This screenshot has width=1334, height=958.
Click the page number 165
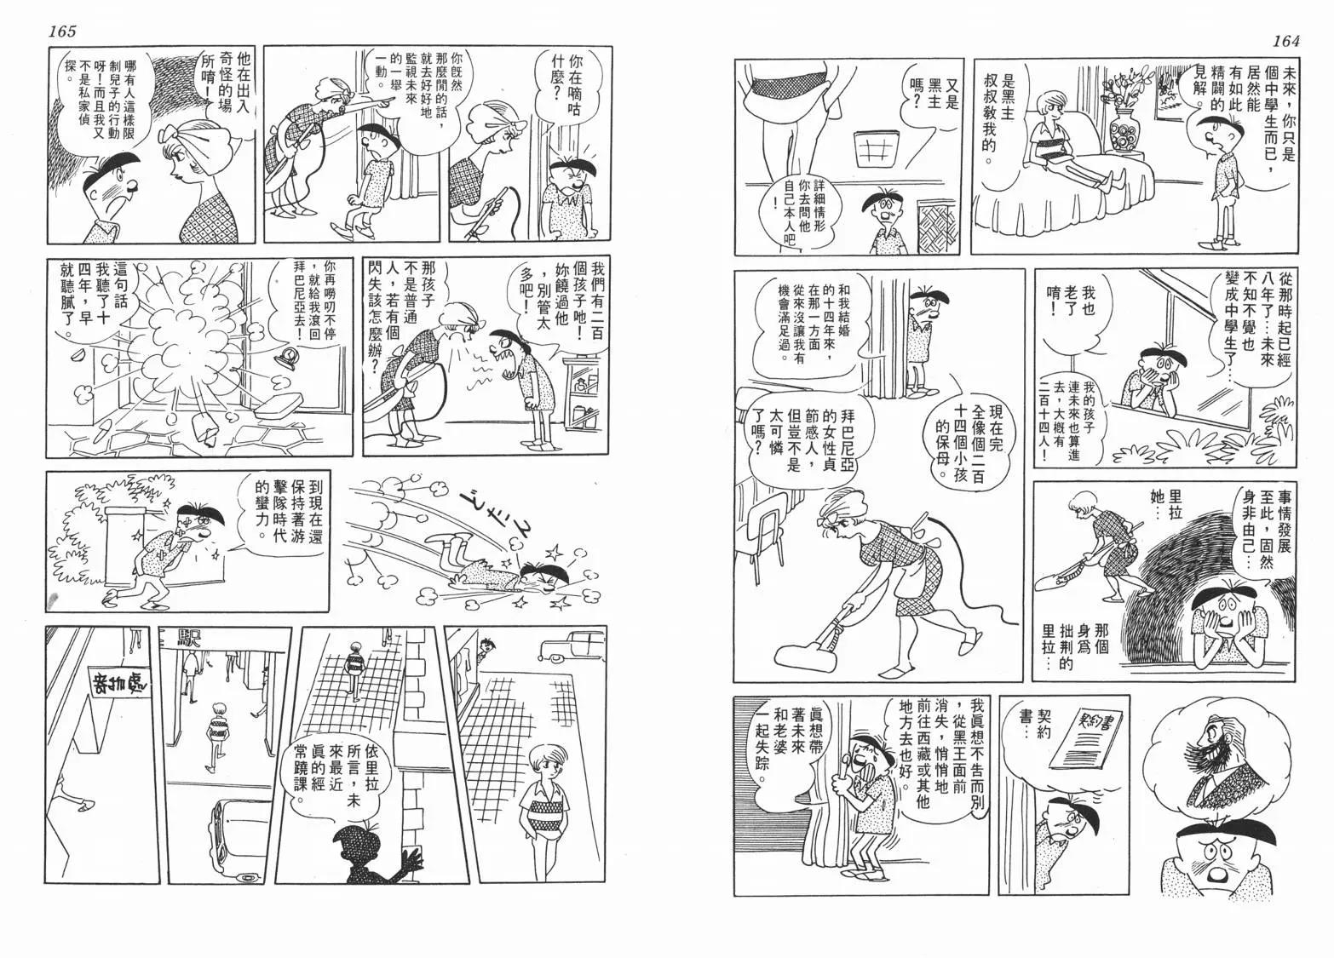pyautogui.click(x=62, y=31)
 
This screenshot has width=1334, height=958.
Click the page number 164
pyautogui.click(x=1285, y=41)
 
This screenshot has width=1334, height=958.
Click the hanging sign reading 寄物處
pyautogui.click(x=119, y=686)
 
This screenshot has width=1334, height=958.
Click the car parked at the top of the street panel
pyautogui.click(x=571, y=646)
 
